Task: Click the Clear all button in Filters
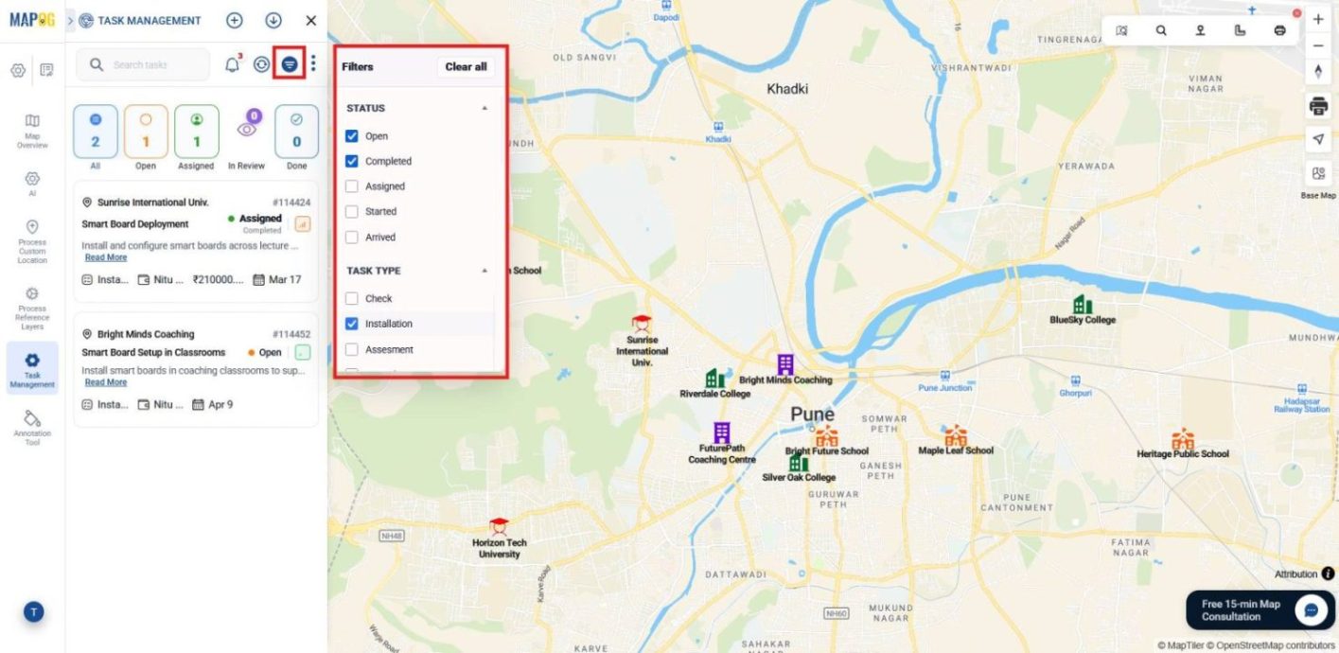[x=466, y=67]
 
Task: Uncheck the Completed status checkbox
[x=352, y=161]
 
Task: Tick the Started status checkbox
[x=352, y=212]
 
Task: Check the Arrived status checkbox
[x=352, y=238]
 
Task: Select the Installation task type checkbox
[x=352, y=324]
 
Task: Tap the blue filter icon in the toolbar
[x=290, y=64]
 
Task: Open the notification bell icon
[x=232, y=64]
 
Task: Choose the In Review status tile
[x=246, y=132]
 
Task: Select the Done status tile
[x=296, y=132]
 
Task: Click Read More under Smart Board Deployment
[x=105, y=257]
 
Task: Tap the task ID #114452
[x=291, y=334]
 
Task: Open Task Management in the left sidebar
[x=32, y=368]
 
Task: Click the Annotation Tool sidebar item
[x=32, y=428]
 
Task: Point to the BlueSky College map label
[x=1083, y=320]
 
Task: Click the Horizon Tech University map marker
[x=499, y=527]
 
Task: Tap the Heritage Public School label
[x=1182, y=454]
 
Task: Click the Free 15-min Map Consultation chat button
[x=1312, y=610]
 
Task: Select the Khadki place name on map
[x=787, y=89]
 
